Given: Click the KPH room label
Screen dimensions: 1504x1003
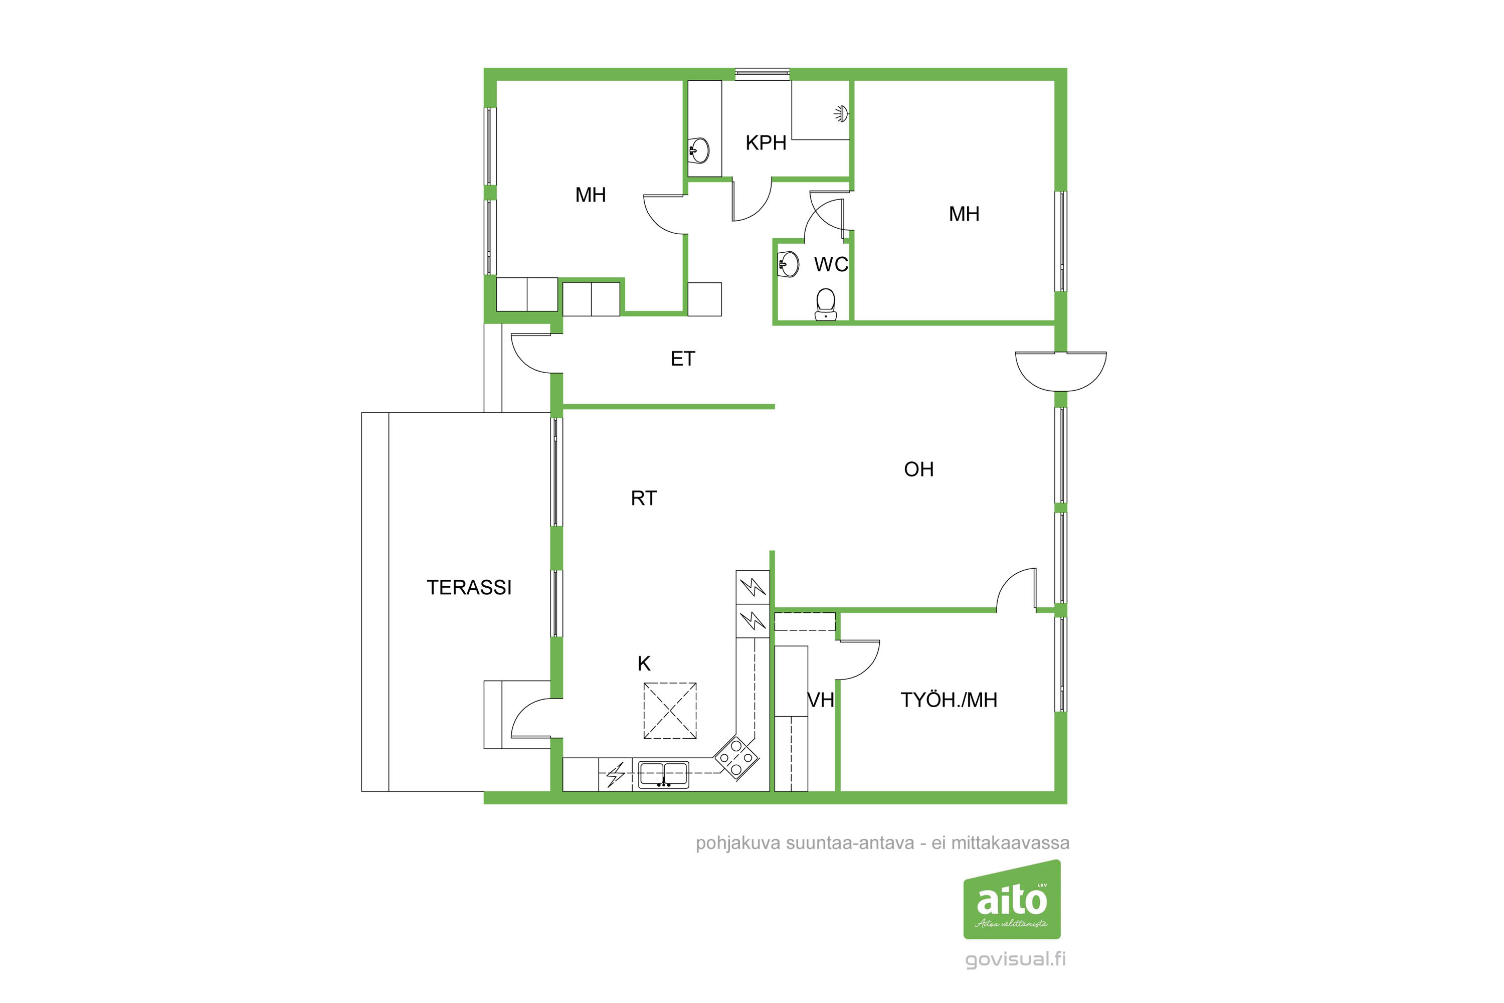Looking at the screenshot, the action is (766, 142).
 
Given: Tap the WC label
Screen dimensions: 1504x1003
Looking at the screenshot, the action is (831, 264).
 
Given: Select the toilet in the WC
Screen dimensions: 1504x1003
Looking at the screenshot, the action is (826, 304).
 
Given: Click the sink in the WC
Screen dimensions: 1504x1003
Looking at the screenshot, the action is (789, 264).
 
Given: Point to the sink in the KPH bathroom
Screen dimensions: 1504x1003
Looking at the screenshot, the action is (699, 151).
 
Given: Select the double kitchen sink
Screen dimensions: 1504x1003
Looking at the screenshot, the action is (664, 775).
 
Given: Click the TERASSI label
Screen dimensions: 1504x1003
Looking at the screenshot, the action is (469, 587).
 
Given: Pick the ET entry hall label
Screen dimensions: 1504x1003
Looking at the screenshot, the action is (682, 359).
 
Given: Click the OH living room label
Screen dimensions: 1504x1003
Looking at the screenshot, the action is (918, 469).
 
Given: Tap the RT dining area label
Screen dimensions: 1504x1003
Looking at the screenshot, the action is (643, 498).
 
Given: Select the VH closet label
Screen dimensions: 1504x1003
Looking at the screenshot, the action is (821, 701).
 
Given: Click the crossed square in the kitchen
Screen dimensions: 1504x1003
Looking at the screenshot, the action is (669, 711).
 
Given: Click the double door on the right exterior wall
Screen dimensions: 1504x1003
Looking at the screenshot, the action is (1061, 371).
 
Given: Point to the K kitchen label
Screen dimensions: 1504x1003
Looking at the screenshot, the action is (644, 664).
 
